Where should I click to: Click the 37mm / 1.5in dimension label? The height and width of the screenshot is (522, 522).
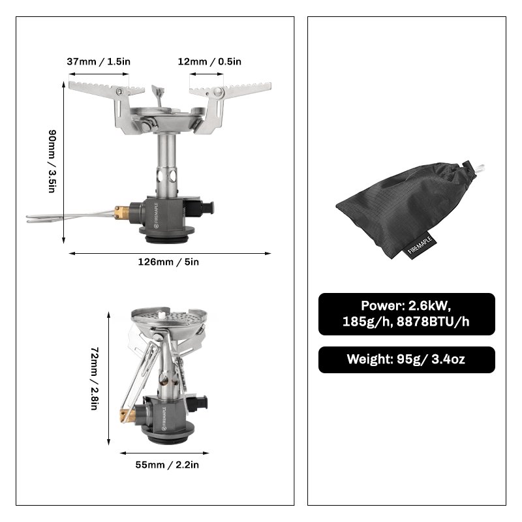coord(99,61)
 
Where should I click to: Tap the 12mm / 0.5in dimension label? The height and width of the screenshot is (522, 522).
coord(209,61)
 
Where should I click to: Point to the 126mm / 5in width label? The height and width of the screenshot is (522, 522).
coord(168,262)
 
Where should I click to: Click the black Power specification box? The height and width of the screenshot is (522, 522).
coord(407,314)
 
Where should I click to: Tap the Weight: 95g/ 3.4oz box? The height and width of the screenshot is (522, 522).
coord(407,360)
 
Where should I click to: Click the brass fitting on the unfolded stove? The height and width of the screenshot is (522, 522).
coord(121,211)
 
